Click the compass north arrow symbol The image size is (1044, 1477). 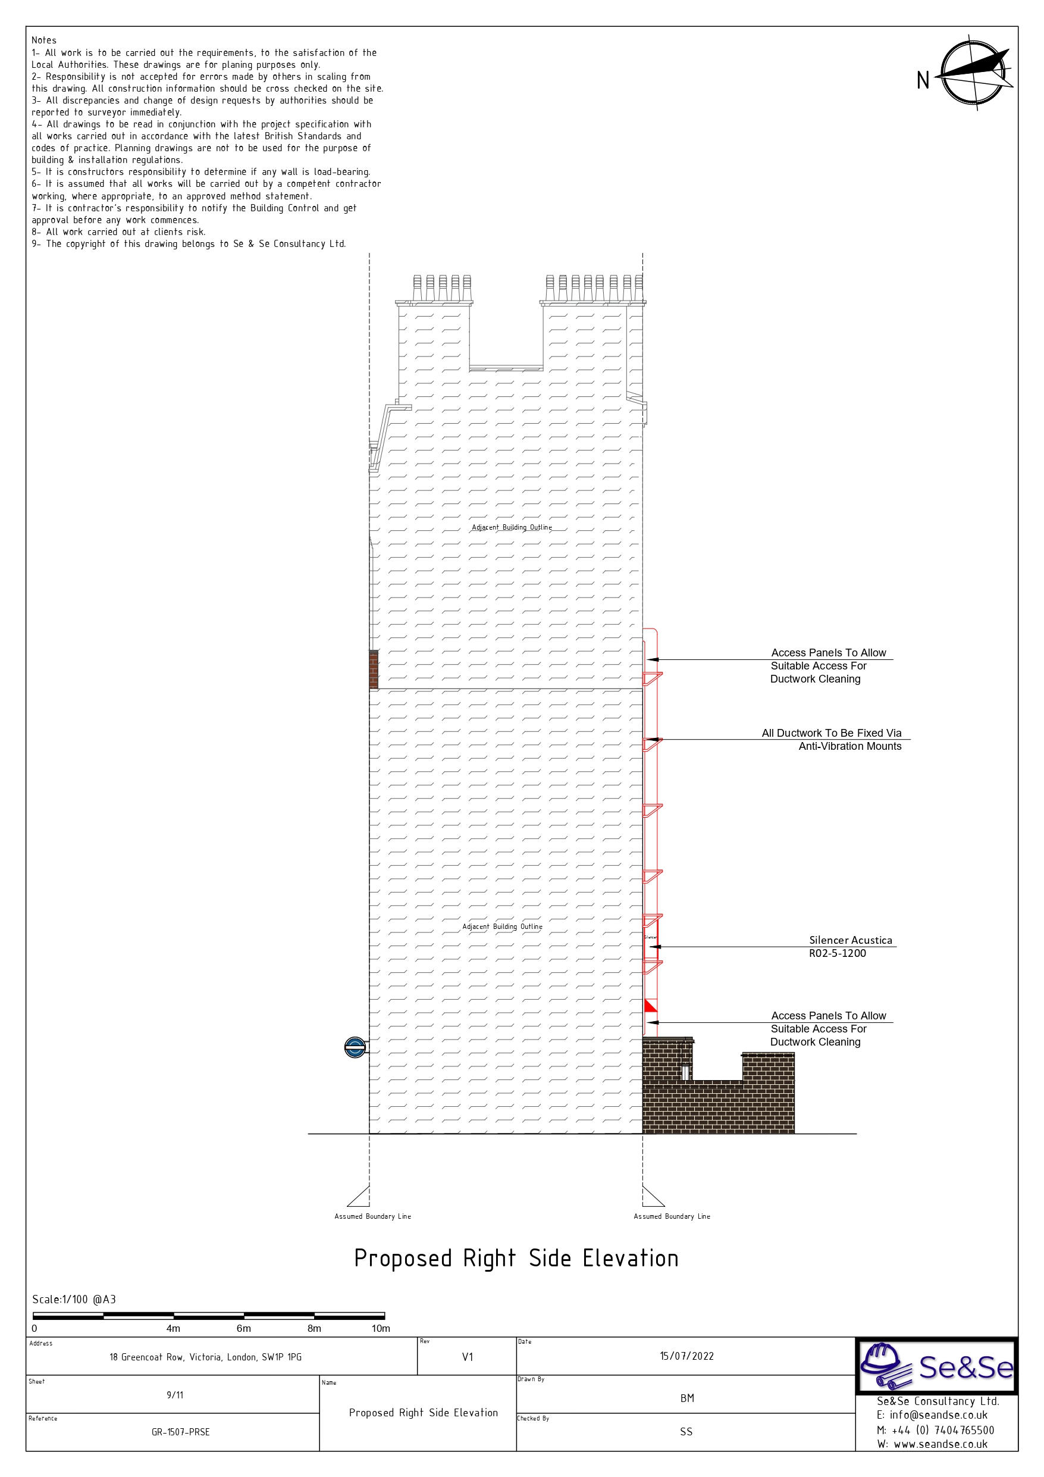coord(974,73)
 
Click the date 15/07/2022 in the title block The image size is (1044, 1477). coord(686,1356)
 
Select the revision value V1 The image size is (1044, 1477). coord(467,1357)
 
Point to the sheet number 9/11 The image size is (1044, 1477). coord(174,1395)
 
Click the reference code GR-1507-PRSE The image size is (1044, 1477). coord(180,1432)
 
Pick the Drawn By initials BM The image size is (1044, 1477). coord(686,1398)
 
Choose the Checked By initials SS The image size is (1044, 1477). coord(686,1431)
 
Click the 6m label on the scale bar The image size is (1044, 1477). coord(243,1328)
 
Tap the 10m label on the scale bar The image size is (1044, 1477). coord(380,1328)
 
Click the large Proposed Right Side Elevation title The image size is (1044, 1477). coord(516,1258)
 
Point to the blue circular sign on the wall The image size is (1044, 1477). coord(355,1048)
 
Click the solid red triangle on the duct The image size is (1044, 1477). coord(650,1006)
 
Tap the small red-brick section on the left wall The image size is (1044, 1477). coord(373,669)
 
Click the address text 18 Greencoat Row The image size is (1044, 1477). coord(205,1357)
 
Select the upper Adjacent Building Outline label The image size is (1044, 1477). coord(512,527)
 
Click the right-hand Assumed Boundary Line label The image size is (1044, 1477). coord(672,1216)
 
